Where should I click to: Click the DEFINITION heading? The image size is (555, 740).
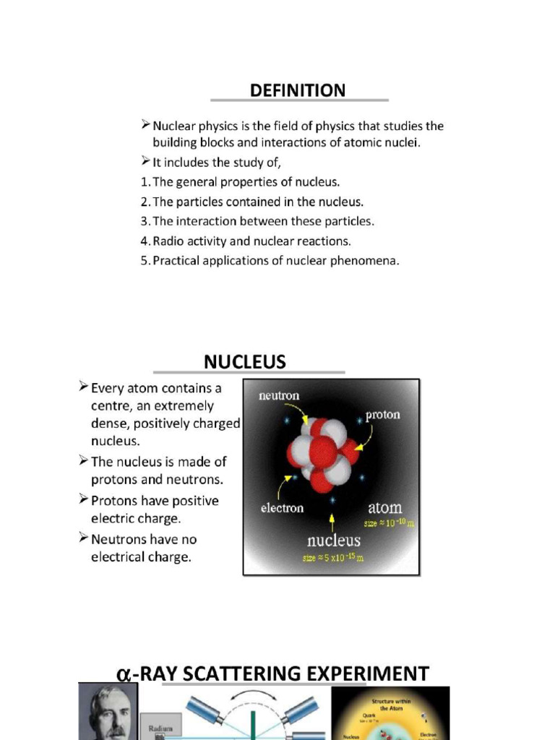[x=298, y=90]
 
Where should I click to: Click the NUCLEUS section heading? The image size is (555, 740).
[x=245, y=361]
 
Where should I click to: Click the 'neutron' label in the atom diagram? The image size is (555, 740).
[x=279, y=396]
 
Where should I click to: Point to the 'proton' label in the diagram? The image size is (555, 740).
[x=382, y=416]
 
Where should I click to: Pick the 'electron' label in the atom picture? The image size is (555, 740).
[x=282, y=508]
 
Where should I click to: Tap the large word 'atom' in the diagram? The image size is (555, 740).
[x=384, y=507]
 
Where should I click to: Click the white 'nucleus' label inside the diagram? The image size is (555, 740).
[x=333, y=540]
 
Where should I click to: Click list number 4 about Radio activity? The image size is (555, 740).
[x=145, y=241]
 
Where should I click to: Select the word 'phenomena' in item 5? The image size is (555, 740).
[x=367, y=261]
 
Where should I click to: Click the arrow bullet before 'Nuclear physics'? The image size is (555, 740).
[x=145, y=126]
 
